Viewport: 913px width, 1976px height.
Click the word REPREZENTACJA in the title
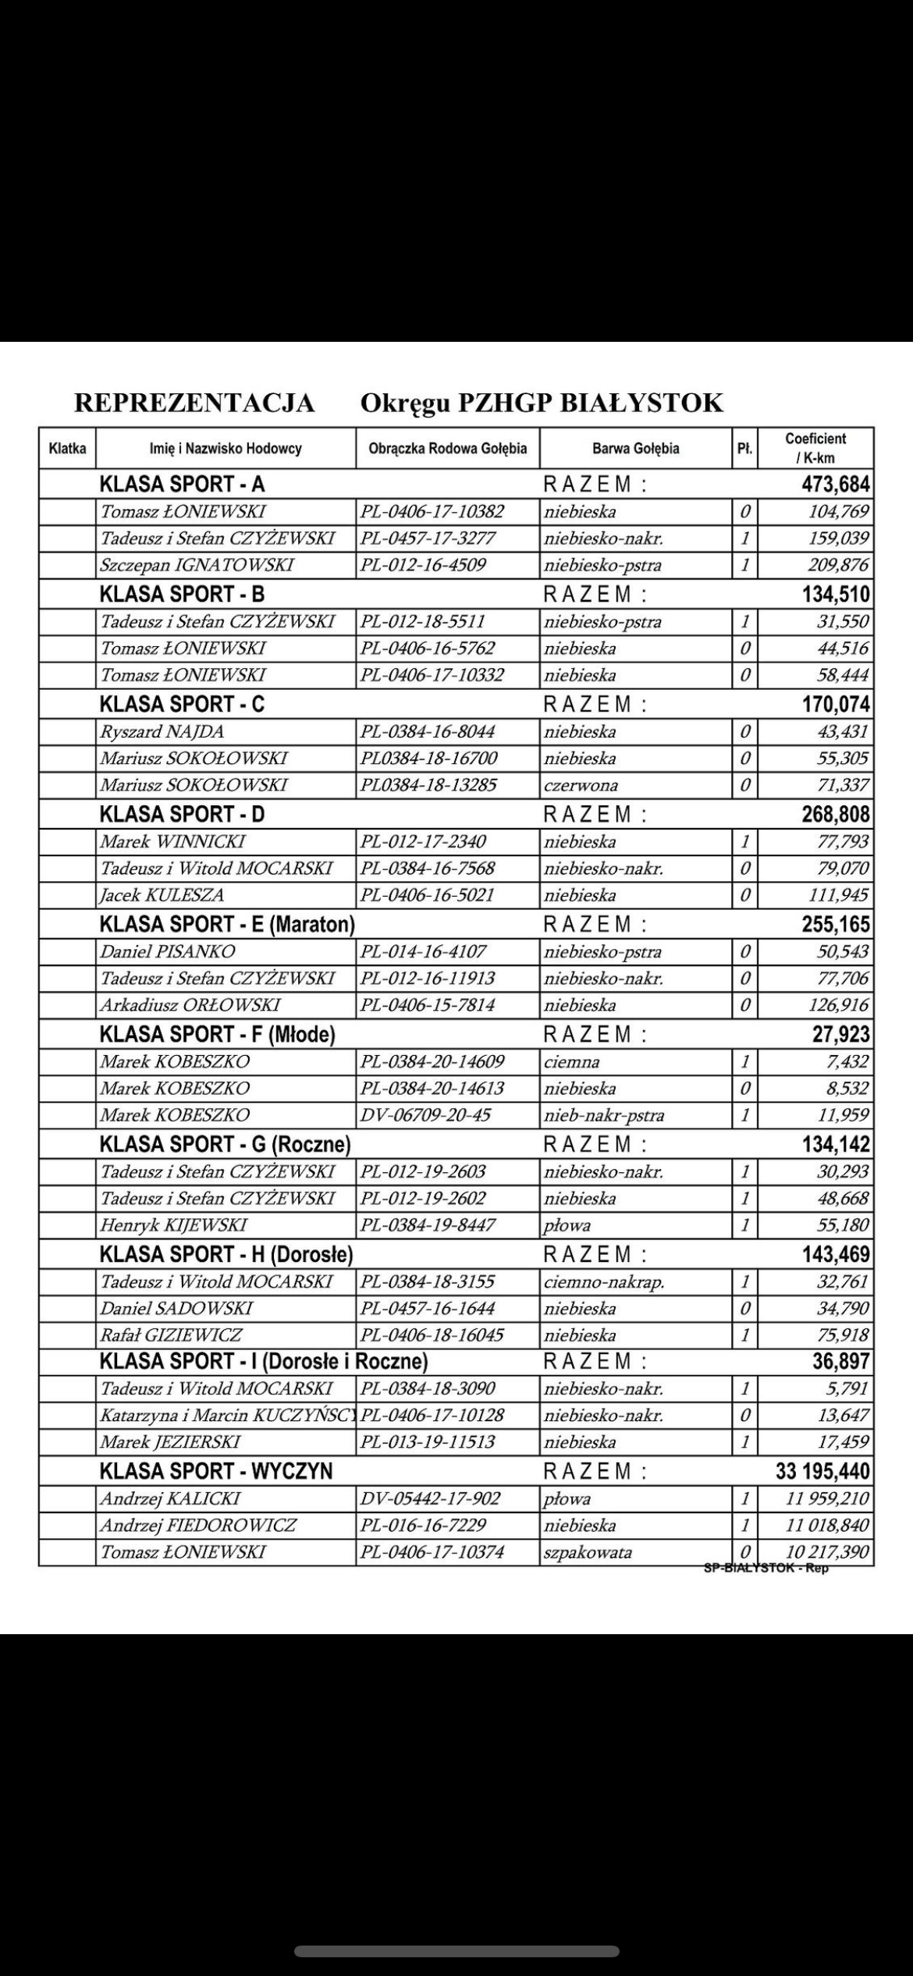click(x=194, y=403)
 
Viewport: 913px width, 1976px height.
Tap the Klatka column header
click(x=67, y=448)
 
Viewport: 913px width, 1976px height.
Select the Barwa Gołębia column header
click(x=635, y=448)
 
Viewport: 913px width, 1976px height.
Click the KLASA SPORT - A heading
click(x=182, y=485)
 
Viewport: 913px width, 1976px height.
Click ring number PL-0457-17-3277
click(x=428, y=538)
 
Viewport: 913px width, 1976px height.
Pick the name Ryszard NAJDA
click(x=162, y=732)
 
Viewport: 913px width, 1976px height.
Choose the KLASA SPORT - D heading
click(x=182, y=815)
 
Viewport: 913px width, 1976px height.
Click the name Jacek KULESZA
click(x=162, y=895)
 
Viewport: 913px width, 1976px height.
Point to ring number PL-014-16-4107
click(x=423, y=952)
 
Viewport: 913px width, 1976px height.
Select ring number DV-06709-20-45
click(x=425, y=1115)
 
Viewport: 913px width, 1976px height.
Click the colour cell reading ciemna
click(x=572, y=1062)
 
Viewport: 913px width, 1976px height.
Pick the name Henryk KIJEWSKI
click(x=173, y=1225)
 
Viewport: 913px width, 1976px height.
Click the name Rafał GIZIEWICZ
click(x=171, y=1335)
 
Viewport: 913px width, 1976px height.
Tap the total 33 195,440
click(x=822, y=1472)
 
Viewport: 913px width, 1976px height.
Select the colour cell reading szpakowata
click(x=588, y=1552)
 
